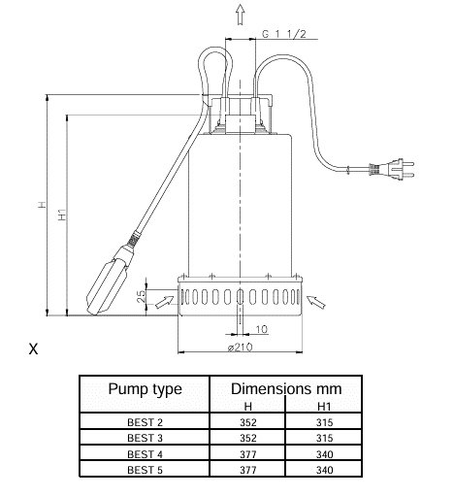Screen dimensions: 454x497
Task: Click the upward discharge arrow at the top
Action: tap(240, 15)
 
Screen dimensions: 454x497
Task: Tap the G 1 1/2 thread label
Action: tap(283, 34)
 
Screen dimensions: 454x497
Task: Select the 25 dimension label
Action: tap(142, 296)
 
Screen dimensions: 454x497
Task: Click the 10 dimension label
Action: tap(262, 329)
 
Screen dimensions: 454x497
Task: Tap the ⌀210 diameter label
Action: tap(240, 348)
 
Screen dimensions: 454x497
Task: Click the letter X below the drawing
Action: tap(33, 349)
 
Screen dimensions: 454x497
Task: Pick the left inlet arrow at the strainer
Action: tap(165, 302)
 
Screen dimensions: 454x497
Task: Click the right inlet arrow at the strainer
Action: tap(315, 302)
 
